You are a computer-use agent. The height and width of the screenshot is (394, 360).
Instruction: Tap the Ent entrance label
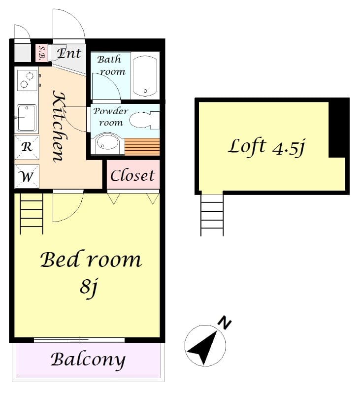point(68,53)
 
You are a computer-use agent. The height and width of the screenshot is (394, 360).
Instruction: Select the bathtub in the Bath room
point(145,75)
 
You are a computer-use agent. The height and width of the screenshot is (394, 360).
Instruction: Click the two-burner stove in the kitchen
point(27,80)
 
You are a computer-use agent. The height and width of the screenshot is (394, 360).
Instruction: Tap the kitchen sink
point(27,118)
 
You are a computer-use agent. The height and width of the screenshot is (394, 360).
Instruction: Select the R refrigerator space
point(27,147)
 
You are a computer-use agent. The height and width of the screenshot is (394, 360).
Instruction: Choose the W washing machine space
point(27,176)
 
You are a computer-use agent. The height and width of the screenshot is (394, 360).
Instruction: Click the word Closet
point(132,175)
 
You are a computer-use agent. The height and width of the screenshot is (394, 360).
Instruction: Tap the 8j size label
point(88,287)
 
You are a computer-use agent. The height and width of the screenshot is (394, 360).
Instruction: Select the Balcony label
point(88,360)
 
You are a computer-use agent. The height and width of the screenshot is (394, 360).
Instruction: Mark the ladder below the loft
point(212,215)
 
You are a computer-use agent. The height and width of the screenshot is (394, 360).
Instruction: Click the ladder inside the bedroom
point(31,213)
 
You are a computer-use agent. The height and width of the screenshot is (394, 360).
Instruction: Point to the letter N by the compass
point(225,323)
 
